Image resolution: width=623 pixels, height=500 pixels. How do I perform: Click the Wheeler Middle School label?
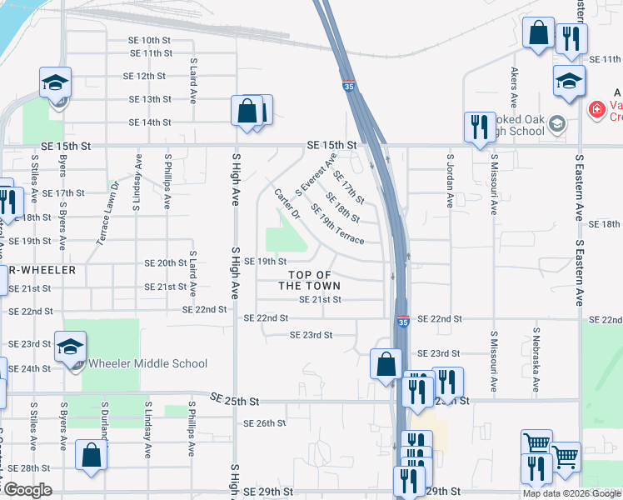pyautogui.click(x=147, y=363)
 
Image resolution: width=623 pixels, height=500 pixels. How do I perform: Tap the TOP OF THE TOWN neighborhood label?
pyautogui.click(x=309, y=280)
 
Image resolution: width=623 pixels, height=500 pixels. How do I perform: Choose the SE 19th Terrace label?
pyautogui.click(x=336, y=224)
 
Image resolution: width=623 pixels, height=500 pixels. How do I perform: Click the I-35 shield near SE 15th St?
pyautogui.click(x=346, y=85)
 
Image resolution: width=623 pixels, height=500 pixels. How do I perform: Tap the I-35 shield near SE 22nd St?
pyautogui.click(x=403, y=321)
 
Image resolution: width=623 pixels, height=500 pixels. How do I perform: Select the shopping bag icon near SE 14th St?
pyautogui.click(x=247, y=111)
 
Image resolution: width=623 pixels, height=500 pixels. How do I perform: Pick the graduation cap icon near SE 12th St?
pyautogui.click(x=56, y=82)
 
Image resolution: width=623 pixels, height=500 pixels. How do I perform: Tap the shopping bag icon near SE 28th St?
pyautogui.click(x=91, y=456)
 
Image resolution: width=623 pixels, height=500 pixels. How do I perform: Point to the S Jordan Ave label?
pyautogui.click(x=451, y=180)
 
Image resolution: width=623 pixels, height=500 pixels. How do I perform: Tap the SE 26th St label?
pyautogui.click(x=264, y=423)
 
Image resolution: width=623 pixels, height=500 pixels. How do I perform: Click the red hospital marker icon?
pyautogui.click(x=596, y=109)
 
